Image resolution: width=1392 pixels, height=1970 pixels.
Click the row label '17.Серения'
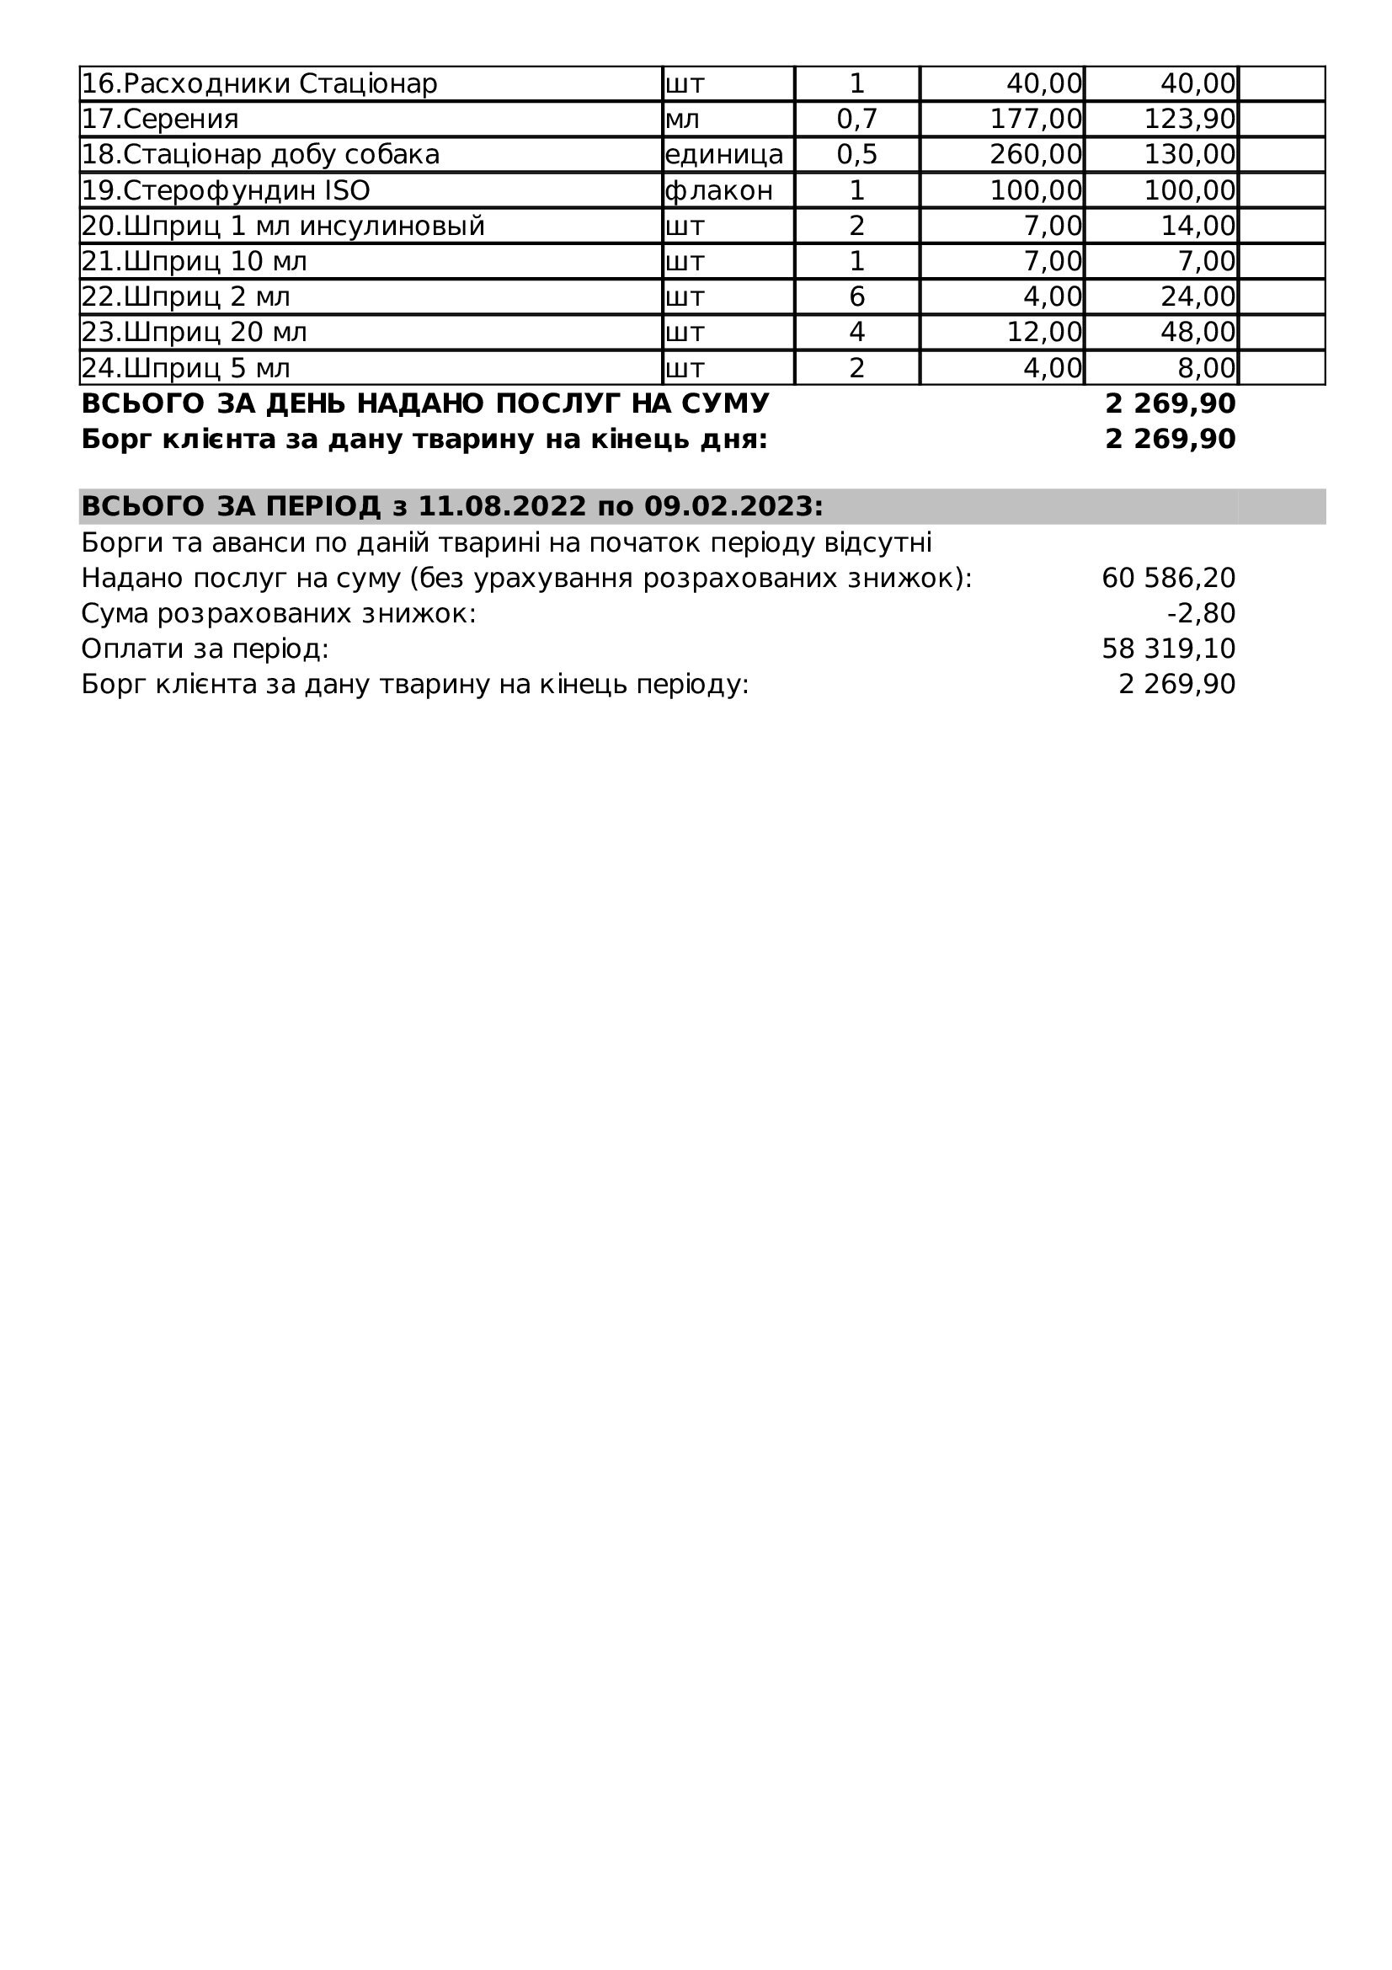(x=159, y=120)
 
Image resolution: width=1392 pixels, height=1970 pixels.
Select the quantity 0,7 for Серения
(x=856, y=120)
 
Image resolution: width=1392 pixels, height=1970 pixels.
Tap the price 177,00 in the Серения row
(x=1036, y=120)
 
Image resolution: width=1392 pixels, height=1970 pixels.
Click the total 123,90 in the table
(x=1190, y=120)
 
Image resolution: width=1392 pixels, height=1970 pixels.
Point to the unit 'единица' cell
(x=724, y=154)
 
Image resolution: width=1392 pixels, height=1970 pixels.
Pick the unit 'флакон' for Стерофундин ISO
(x=718, y=190)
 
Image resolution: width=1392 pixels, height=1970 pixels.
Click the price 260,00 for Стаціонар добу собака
(x=1036, y=154)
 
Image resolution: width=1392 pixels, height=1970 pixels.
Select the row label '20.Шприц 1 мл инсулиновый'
(x=283, y=227)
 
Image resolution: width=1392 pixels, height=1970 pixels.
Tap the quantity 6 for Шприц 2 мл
(x=856, y=296)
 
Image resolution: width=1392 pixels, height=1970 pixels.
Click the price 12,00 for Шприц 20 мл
(x=1043, y=332)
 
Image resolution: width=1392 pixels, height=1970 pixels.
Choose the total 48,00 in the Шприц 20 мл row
(x=1198, y=332)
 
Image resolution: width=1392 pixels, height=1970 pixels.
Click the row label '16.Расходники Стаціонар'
(x=259, y=84)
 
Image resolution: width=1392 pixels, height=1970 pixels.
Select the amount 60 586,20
(x=1168, y=579)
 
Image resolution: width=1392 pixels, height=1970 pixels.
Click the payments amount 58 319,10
(x=1168, y=649)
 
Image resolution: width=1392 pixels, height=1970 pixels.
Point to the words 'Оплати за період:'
(x=205, y=649)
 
